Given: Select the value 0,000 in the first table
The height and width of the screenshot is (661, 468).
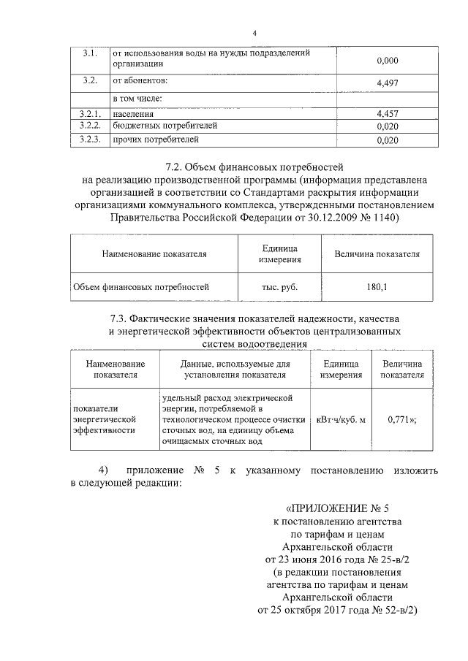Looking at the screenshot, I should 386,61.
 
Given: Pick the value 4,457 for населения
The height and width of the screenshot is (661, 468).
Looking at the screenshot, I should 386,115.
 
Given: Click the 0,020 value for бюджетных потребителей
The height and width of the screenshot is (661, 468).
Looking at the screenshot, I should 386,126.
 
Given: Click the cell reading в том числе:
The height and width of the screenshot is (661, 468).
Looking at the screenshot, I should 137,98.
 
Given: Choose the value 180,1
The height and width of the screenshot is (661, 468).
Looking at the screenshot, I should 377,287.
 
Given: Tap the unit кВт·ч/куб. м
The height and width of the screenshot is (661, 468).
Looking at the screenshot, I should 340,421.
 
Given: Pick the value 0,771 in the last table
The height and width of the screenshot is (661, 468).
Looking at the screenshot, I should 399,421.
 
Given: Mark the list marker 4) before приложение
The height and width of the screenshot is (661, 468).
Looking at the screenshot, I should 103,470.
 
